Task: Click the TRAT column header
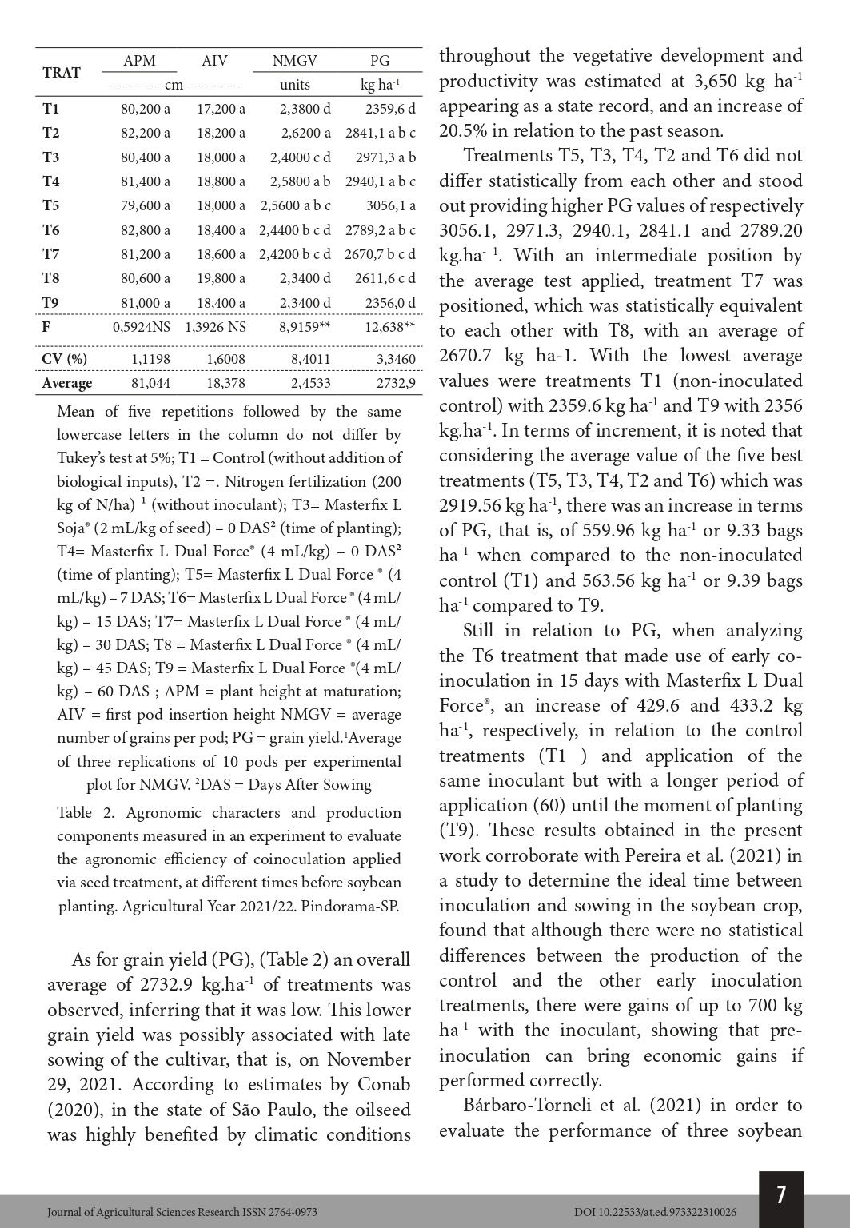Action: tap(61, 73)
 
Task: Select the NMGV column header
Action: tap(294, 61)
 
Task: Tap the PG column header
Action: tap(380, 61)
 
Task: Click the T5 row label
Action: tap(50, 205)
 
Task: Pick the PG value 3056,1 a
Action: tap(390, 205)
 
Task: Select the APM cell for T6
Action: tap(145, 230)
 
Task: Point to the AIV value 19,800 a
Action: tap(221, 278)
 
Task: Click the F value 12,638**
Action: tap(389, 326)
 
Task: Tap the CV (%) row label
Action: tap(64, 359)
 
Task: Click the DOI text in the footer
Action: tap(655, 1212)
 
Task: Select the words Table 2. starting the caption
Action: tap(86, 813)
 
